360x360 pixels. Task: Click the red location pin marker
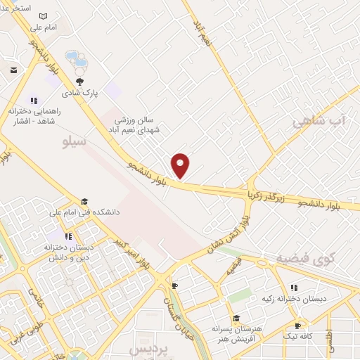[181, 165]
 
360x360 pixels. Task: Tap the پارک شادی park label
[80, 92]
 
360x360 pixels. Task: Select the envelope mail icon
[14, 70]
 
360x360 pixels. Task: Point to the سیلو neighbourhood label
[75, 142]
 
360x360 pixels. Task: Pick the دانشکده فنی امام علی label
[84, 211]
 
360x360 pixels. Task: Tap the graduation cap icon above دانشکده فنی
[84, 201]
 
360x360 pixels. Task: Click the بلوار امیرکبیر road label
[134, 255]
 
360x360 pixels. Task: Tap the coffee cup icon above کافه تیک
[297, 326]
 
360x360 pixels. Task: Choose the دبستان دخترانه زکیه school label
[295, 298]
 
